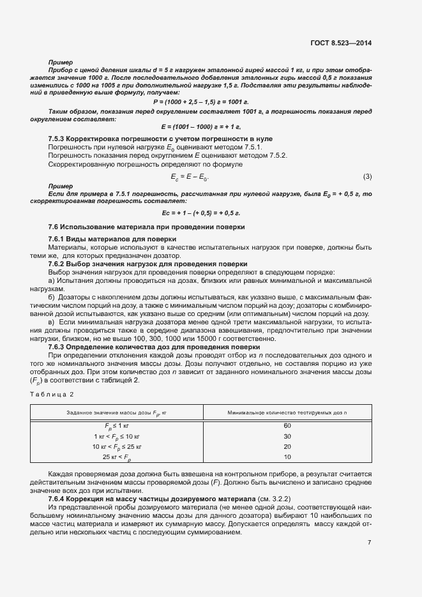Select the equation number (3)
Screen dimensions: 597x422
point(367,176)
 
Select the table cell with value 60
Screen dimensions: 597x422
point(287,425)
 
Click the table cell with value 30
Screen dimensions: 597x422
point(287,435)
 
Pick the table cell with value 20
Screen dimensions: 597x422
point(287,446)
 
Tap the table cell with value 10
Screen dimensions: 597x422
point(287,457)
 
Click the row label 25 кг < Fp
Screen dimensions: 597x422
point(116,457)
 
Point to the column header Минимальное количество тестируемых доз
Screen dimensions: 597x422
point(287,412)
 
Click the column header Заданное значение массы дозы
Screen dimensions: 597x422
point(116,412)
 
